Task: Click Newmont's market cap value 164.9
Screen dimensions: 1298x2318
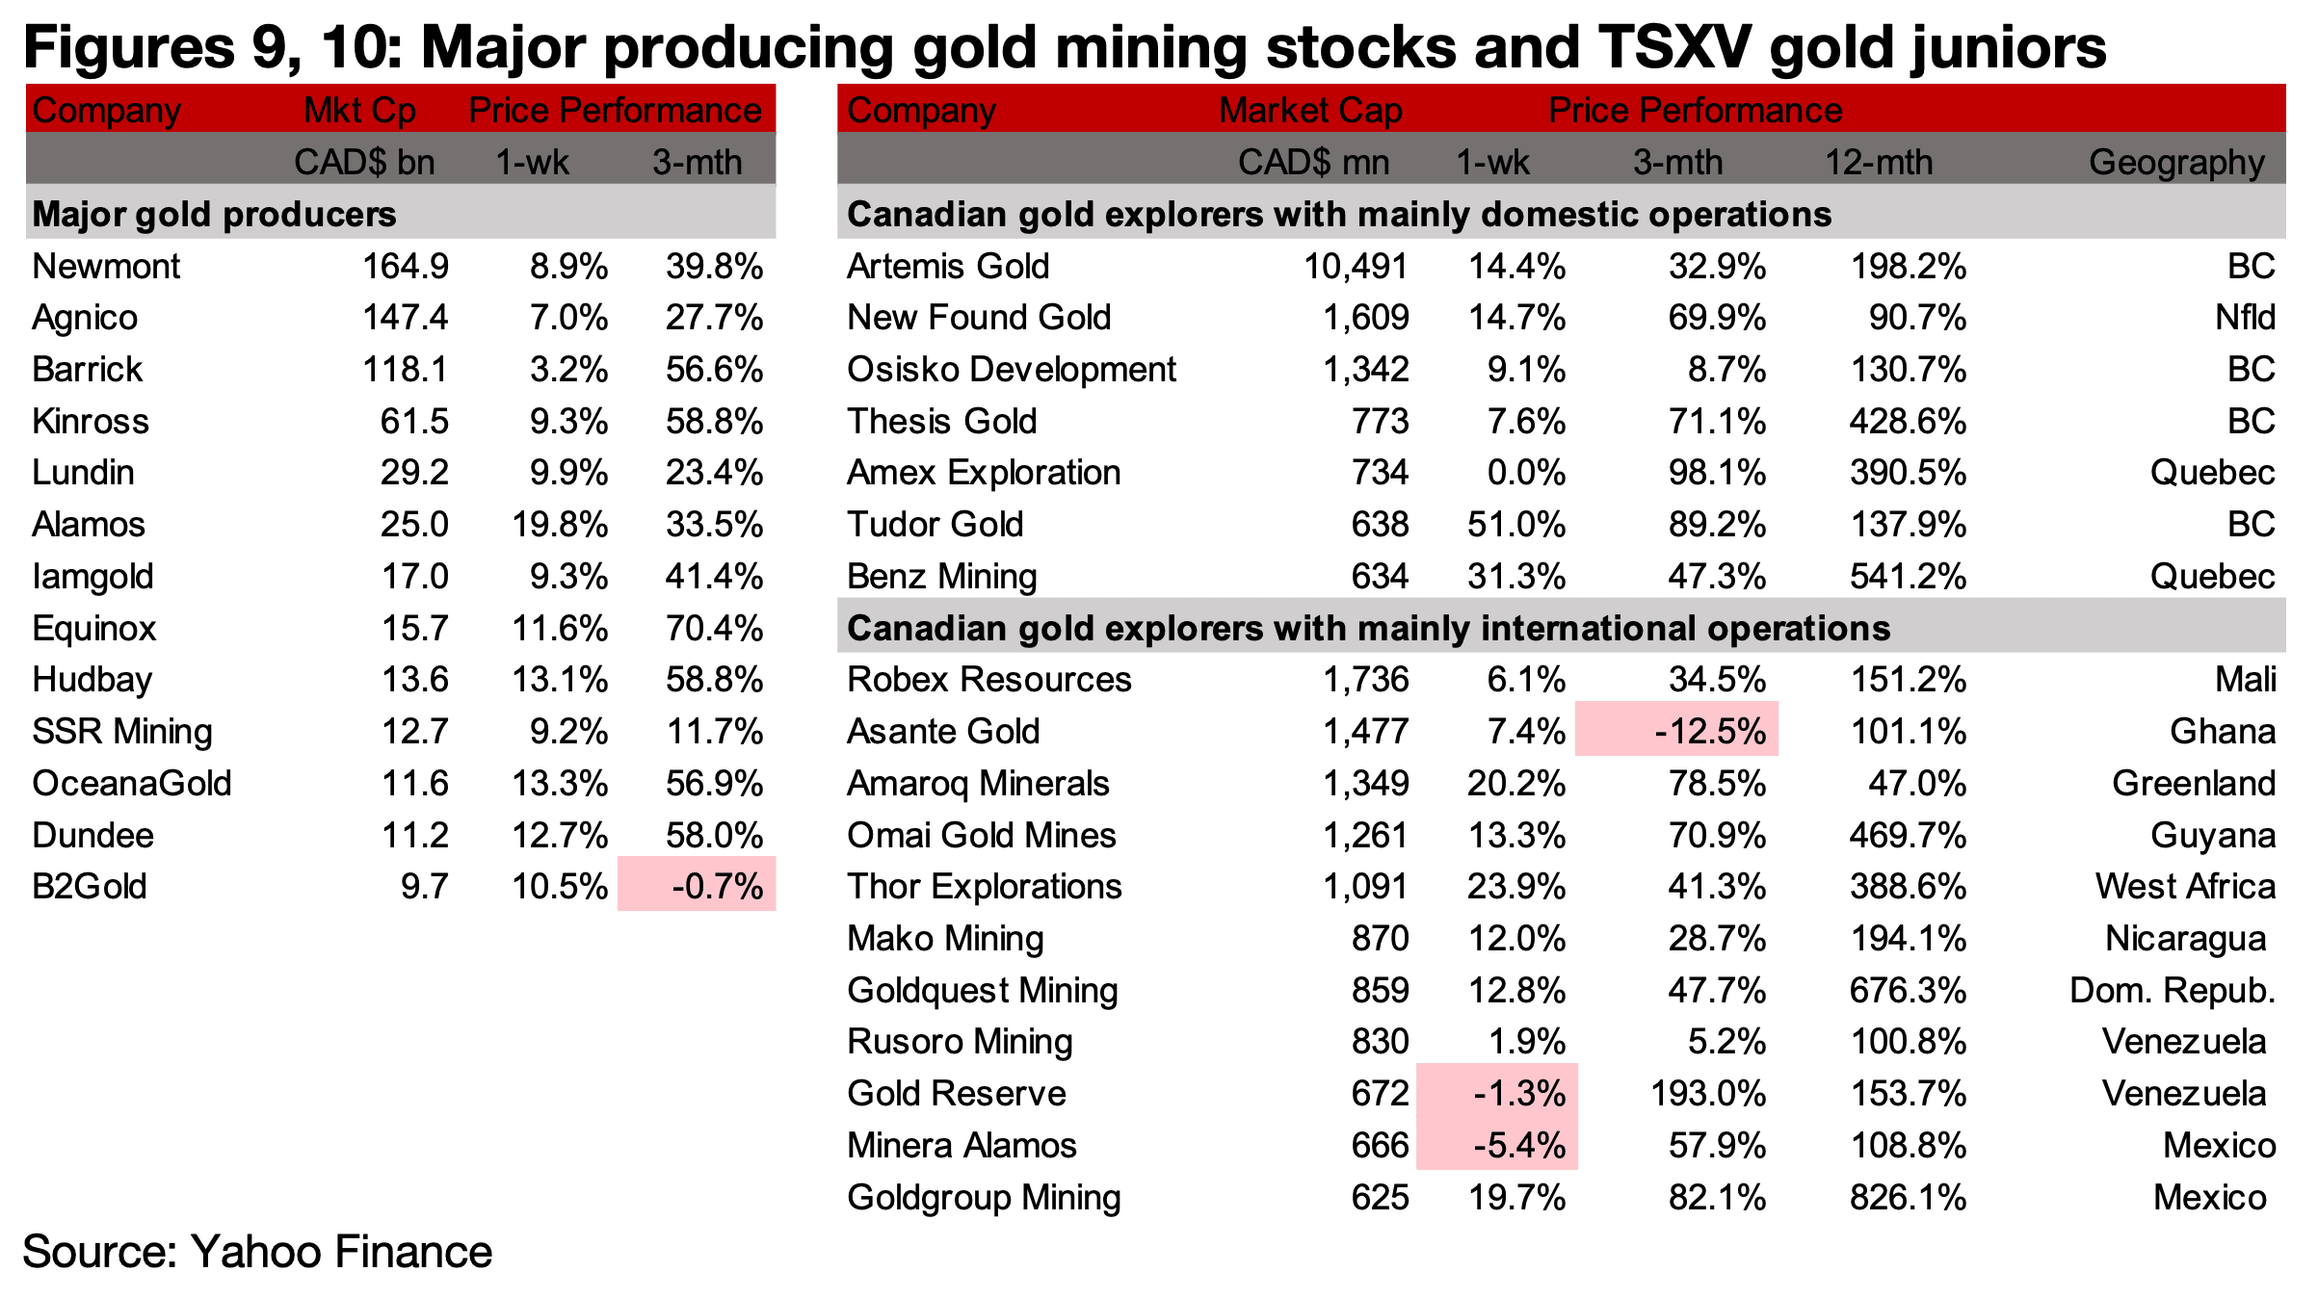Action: point(405,267)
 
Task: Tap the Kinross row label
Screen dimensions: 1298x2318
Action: point(91,422)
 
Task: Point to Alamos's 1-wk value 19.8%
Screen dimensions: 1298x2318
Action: point(559,525)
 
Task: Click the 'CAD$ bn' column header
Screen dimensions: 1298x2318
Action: point(364,162)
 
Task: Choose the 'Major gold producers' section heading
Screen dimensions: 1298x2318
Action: point(214,214)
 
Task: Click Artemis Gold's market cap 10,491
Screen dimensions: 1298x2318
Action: point(1356,267)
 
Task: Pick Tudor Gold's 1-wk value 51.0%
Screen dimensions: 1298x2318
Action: point(1515,525)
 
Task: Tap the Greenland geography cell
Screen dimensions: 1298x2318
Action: point(2193,784)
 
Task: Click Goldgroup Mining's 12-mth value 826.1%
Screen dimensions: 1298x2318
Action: point(1908,1198)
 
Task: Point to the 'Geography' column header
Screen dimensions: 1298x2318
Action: point(2175,162)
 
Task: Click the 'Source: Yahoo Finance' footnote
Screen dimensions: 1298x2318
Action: point(257,1252)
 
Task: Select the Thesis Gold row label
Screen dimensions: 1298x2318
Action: point(941,422)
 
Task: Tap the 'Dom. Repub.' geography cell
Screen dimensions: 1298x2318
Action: point(2172,991)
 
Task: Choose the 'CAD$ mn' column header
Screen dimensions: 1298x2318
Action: point(1313,162)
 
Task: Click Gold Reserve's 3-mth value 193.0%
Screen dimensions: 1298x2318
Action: point(1707,1094)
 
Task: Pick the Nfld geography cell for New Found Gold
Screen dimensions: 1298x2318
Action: point(2245,318)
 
